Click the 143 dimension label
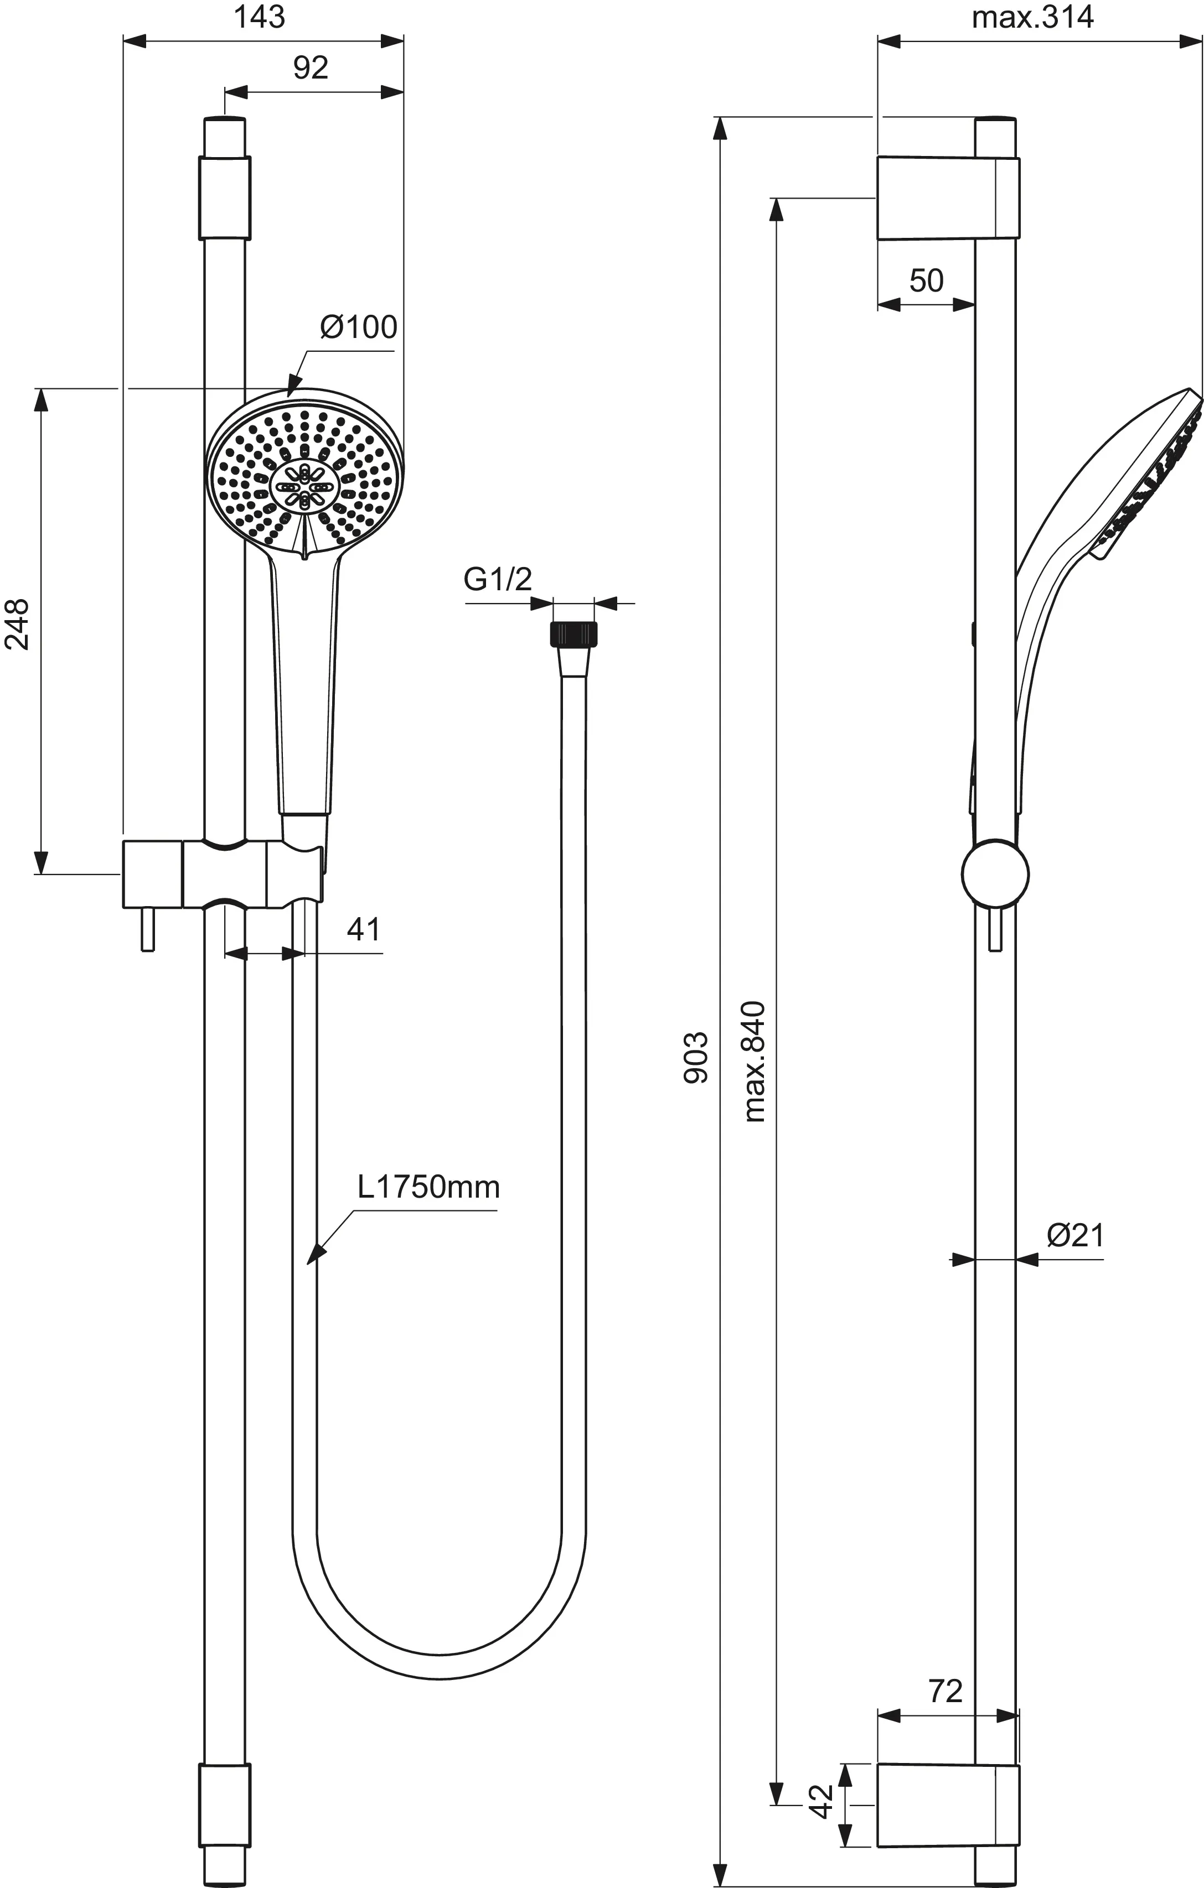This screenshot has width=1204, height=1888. click(260, 17)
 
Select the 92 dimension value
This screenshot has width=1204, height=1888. click(311, 68)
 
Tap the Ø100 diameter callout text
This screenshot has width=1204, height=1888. click(359, 327)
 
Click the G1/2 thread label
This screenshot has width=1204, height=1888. click(497, 579)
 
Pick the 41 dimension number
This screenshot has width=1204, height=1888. click(363, 929)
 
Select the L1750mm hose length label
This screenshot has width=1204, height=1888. click(428, 1187)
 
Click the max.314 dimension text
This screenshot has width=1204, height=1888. click(1032, 17)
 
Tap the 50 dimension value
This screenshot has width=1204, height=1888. click(926, 280)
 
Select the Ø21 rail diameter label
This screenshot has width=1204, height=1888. click(1076, 1235)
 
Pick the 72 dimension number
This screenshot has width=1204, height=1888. click(944, 1691)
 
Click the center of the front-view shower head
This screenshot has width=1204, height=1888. click(303, 486)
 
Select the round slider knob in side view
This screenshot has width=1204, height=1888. click(995, 873)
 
